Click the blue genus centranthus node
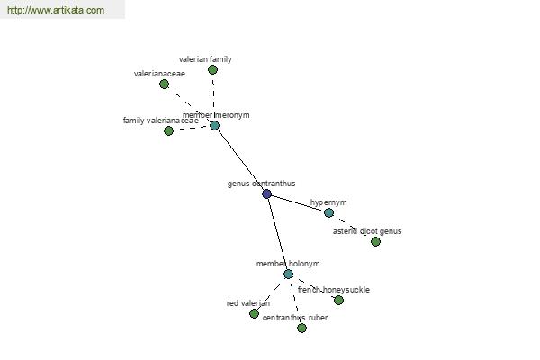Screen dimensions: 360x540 (x=266, y=193)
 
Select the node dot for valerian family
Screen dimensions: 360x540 (x=212, y=69)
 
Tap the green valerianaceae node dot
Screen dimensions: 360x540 (x=164, y=84)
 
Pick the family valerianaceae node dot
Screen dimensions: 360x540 (x=168, y=130)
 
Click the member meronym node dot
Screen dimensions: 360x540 (x=214, y=125)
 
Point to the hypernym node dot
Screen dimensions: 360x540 (x=328, y=212)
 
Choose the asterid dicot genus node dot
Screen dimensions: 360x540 (x=375, y=241)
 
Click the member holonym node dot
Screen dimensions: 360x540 (x=288, y=274)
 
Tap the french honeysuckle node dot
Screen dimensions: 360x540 (x=338, y=300)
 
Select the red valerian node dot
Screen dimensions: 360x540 (x=254, y=313)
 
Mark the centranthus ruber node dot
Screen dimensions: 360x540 (x=301, y=328)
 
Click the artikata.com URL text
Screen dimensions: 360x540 (x=55, y=11)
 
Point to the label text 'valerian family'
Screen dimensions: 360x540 (x=205, y=59)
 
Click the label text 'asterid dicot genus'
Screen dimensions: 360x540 (x=367, y=231)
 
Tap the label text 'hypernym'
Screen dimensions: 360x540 (x=328, y=202)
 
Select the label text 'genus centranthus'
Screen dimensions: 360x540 (x=261, y=184)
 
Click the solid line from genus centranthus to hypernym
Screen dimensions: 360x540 (x=297, y=202)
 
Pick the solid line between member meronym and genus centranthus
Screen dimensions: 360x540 (x=240, y=159)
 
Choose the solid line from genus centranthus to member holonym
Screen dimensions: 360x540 (x=277, y=234)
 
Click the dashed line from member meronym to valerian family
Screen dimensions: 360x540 (x=213, y=97)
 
